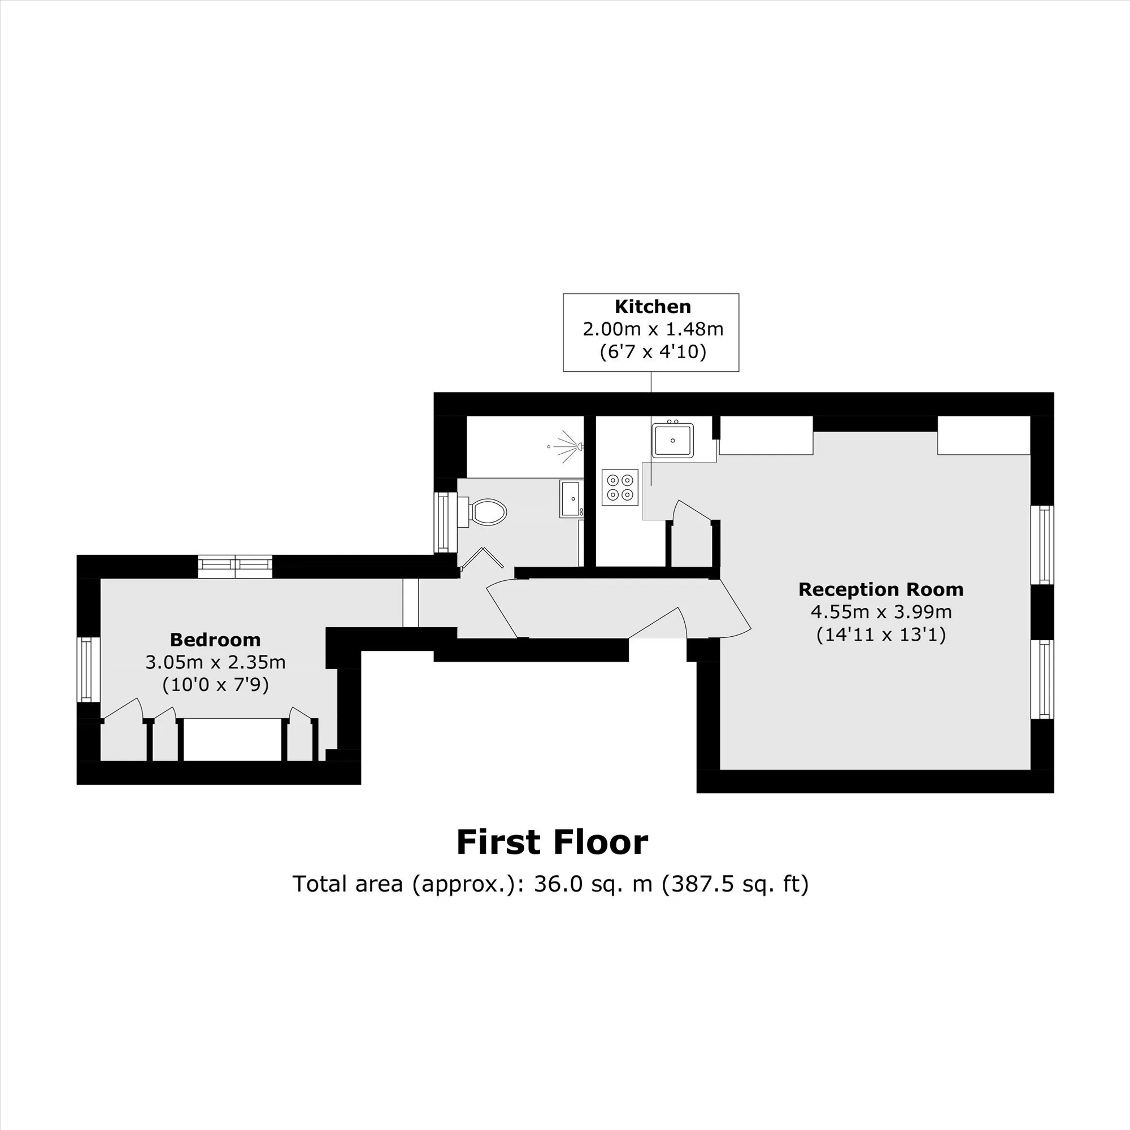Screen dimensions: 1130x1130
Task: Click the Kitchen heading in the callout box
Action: coord(653,306)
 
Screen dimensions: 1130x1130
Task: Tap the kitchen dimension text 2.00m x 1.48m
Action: coord(653,329)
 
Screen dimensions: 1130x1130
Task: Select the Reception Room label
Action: coord(881,589)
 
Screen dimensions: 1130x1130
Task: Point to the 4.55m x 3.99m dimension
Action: coord(881,612)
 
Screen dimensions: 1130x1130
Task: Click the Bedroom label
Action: coord(215,640)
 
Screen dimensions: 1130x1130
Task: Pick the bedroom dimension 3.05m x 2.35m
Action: coord(215,662)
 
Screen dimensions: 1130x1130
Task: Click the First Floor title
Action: coord(552,842)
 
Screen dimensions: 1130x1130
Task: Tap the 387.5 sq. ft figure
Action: coord(734,884)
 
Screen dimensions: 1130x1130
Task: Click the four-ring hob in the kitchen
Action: coord(620,488)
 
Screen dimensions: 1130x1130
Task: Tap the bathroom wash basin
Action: coord(571,499)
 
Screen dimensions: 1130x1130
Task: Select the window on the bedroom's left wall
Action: coord(88,670)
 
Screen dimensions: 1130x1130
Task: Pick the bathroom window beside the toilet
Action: coord(445,522)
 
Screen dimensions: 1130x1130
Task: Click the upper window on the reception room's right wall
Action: coord(1042,545)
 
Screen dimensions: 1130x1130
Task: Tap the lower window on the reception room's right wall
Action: coord(1042,680)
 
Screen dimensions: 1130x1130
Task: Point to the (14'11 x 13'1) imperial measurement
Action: coord(881,634)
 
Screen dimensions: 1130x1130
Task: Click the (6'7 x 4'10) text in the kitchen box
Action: coord(653,351)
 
